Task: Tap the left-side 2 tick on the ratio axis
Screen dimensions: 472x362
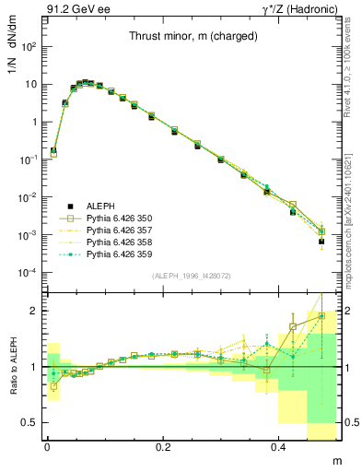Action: click(x=35, y=311)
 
